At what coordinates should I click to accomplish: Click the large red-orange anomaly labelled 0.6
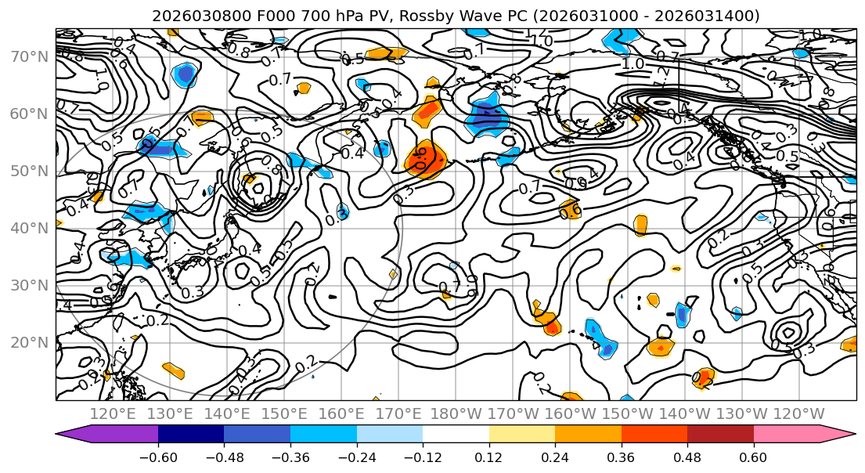coord(425,160)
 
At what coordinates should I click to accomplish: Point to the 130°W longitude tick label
coord(741,413)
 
